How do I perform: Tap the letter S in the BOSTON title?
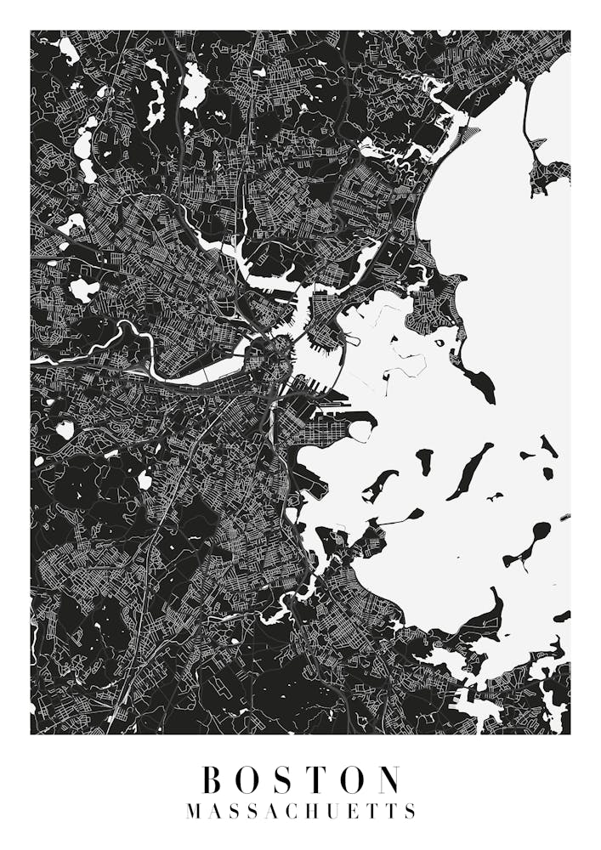click(286, 779)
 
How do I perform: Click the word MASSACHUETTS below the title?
click(300, 811)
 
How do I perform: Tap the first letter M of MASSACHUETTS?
click(193, 811)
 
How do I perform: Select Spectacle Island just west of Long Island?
click(423, 462)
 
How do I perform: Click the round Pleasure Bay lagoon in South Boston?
click(360, 432)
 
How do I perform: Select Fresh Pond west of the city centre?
click(83, 289)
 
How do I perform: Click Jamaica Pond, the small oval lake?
click(145, 481)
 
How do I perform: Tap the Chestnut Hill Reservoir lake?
click(65, 430)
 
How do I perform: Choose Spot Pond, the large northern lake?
click(193, 85)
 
